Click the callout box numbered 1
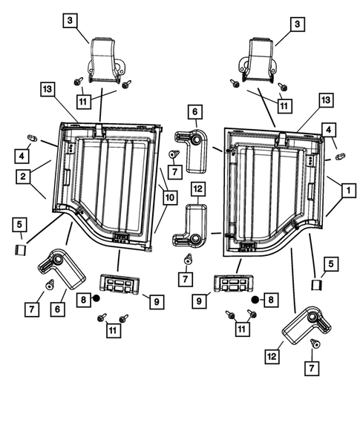coord(348,191)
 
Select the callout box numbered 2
coord(23,176)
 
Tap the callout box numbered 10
coord(170,197)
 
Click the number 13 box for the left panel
coord(48,89)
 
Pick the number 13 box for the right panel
coord(326,99)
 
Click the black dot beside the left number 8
coord(96,298)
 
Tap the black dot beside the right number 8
coord(255,300)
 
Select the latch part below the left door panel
coord(120,284)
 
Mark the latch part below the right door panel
coord(234,283)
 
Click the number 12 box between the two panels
coord(198,189)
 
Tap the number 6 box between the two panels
coord(195,112)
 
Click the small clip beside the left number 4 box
coord(32,138)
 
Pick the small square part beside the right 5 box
coord(317,285)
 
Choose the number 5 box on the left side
coord(20,225)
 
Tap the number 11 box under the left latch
coord(114,331)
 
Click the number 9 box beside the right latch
coord(199,301)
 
